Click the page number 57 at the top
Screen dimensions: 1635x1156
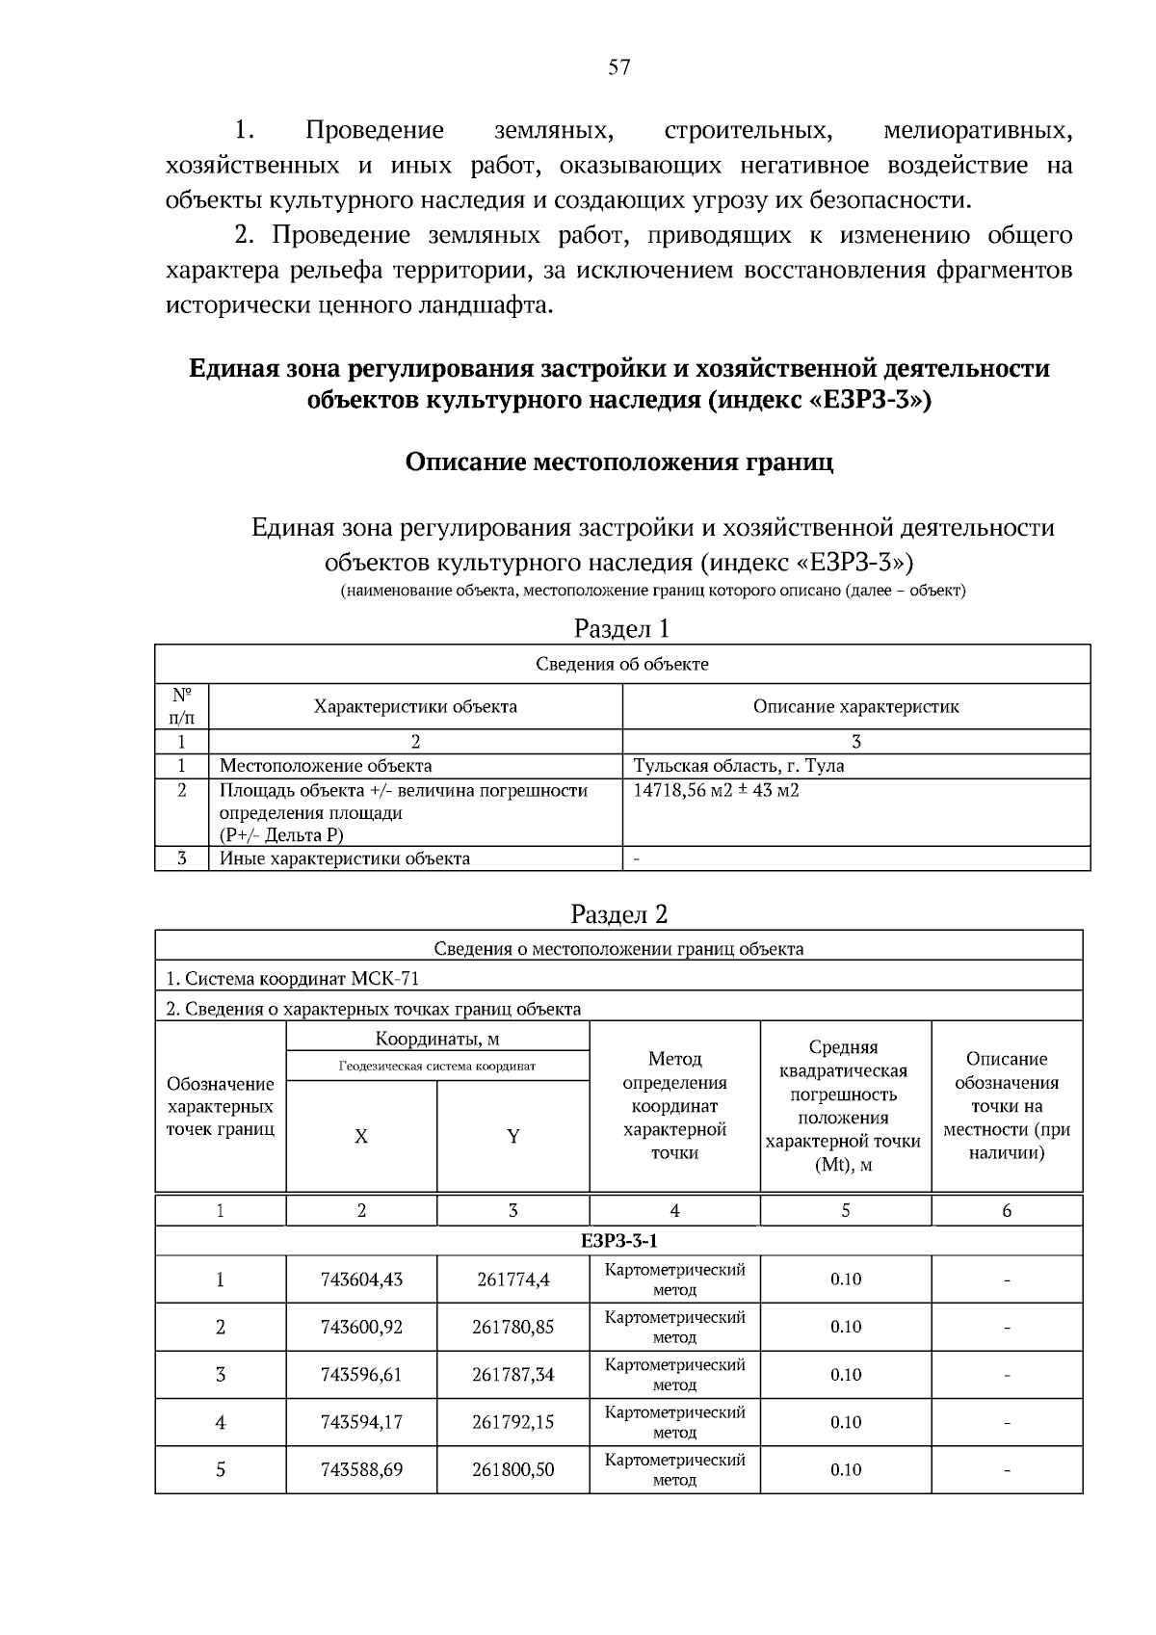click(x=618, y=66)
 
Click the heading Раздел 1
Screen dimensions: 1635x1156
click(x=620, y=628)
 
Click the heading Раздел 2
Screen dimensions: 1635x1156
click(x=618, y=913)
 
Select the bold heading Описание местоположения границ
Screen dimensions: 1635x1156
click(x=618, y=461)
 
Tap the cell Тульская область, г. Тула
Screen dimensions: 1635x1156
click(x=738, y=766)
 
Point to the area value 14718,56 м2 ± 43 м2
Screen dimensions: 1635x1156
click(x=716, y=790)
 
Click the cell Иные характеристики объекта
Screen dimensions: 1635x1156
click(x=345, y=858)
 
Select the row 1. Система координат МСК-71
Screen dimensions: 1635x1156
click(x=293, y=978)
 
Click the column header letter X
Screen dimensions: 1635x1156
click(x=360, y=1136)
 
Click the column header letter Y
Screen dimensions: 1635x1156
click(x=512, y=1136)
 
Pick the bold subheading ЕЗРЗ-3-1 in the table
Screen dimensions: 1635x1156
click(x=618, y=1240)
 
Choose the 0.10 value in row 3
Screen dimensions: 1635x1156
click(x=845, y=1374)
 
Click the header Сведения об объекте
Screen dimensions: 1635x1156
click(x=621, y=664)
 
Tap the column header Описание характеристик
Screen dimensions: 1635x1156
click(x=855, y=706)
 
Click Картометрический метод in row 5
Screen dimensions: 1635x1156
click(x=674, y=1469)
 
